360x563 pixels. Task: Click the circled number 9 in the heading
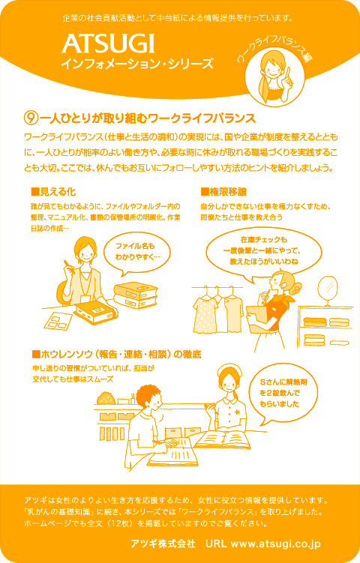pos(30,118)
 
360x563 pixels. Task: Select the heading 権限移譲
pos(224,193)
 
